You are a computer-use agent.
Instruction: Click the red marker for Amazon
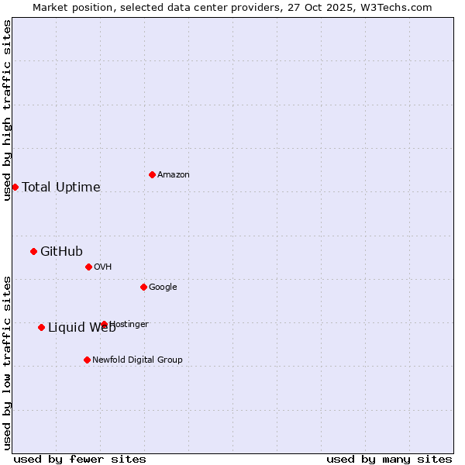pyautogui.click(x=152, y=174)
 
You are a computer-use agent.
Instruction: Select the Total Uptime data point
pyautogui.click(x=15, y=187)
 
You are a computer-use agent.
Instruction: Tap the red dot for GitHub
pyautogui.click(x=33, y=251)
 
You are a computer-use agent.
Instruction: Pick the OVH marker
pyautogui.click(x=88, y=267)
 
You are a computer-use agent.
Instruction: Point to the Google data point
pyautogui.click(x=143, y=287)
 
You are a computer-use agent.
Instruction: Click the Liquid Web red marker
pyautogui.click(x=41, y=327)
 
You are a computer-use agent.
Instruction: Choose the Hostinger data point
pyautogui.click(x=104, y=324)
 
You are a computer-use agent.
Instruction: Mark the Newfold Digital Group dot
pyautogui.click(x=87, y=360)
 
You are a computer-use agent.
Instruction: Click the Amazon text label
pyautogui.click(x=174, y=174)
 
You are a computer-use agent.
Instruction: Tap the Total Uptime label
pyautogui.click(x=61, y=187)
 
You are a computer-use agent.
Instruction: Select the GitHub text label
pyautogui.click(x=61, y=251)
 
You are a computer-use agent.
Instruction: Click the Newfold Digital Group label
pyautogui.click(x=137, y=360)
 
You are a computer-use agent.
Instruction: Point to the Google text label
pyautogui.click(x=163, y=287)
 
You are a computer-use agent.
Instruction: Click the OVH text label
pyautogui.click(x=103, y=267)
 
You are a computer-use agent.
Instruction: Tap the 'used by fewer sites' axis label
pyautogui.click(x=80, y=459)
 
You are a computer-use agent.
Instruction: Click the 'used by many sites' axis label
pyautogui.click(x=389, y=459)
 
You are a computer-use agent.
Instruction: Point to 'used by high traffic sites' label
pyautogui.click(x=7, y=110)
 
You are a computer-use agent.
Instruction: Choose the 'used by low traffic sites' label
pyautogui.click(x=7, y=363)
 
